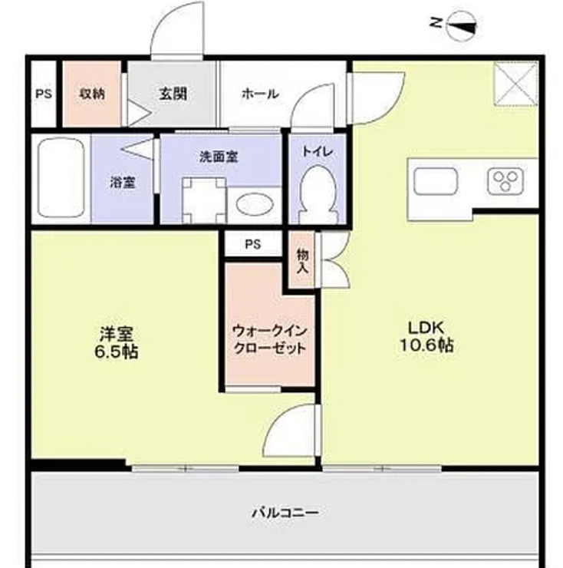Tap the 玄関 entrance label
click(173, 94)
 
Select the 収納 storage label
click(92, 94)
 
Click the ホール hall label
click(260, 94)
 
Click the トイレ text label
click(317, 151)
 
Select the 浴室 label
click(123, 183)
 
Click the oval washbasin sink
click(254, 205)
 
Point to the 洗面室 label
click(219, 157)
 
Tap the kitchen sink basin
click(436, 182)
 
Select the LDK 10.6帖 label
click(426, 335)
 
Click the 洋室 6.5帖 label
click(117, 343)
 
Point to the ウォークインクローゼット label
click(269, 339)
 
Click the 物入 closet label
click(302, 260)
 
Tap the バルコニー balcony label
click(285, 511)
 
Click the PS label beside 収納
click(43, 94)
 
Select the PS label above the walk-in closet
click(252, 245)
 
